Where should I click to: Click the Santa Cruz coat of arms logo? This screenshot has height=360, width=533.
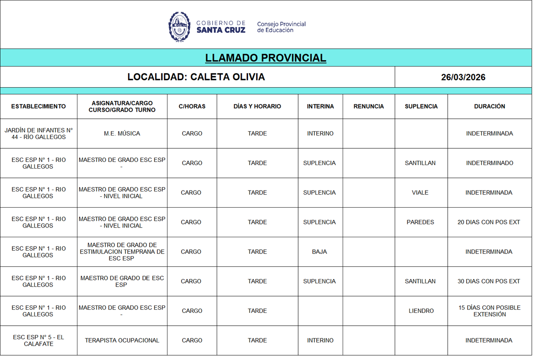click(x=179, y=27)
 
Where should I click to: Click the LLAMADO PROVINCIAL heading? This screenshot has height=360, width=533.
click(x=266, y=58)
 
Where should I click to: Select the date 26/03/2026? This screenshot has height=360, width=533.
click(x=463, y=77)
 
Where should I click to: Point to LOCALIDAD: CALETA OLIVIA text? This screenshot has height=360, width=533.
click(x=196, y=77)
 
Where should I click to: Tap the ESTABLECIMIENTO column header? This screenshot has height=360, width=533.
click(x=39, y=107)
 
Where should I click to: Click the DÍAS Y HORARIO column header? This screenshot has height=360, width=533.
click(x=257, y=107)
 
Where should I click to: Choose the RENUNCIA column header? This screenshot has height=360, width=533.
click(x=369, y=107)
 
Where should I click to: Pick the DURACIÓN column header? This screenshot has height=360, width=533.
click(x=489, y=107)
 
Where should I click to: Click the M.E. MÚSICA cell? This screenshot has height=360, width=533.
click(x=122, y=133)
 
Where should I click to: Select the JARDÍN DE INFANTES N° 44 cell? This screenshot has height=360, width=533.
click(x=39, y=133)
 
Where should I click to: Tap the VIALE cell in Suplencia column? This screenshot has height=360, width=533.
click(x=420, y=192)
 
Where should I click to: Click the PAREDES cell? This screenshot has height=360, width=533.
click(x=420, y=222)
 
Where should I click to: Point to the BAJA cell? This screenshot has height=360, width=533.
click(x=319, y=252)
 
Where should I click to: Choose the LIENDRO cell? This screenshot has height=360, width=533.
click(x=421, y=311)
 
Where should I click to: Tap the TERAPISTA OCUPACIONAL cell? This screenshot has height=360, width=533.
click(x=122, y=340)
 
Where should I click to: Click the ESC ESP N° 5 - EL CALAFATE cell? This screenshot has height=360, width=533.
click(x=39, y=340)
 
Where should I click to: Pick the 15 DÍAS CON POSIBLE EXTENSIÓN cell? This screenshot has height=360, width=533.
click(x=489, y=311)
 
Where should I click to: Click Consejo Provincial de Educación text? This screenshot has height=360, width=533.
click(x=281, y=27)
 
